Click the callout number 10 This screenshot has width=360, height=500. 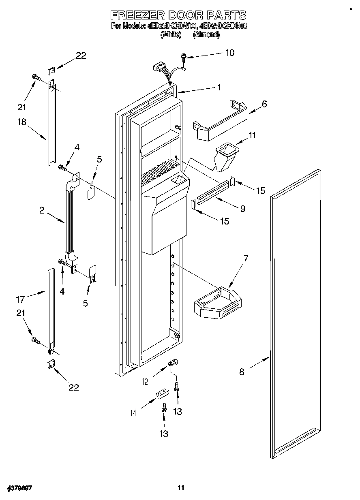[229, 53]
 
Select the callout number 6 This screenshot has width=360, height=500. [264, 104]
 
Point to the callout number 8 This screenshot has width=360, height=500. [242, 372]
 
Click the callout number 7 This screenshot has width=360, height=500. [246, 258]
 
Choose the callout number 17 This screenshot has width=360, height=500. [20, 299]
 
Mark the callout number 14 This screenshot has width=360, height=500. [133, 413]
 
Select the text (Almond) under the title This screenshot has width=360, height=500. [206, 35]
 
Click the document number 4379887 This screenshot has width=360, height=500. [19, 487]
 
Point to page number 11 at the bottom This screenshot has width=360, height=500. [181, 487]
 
